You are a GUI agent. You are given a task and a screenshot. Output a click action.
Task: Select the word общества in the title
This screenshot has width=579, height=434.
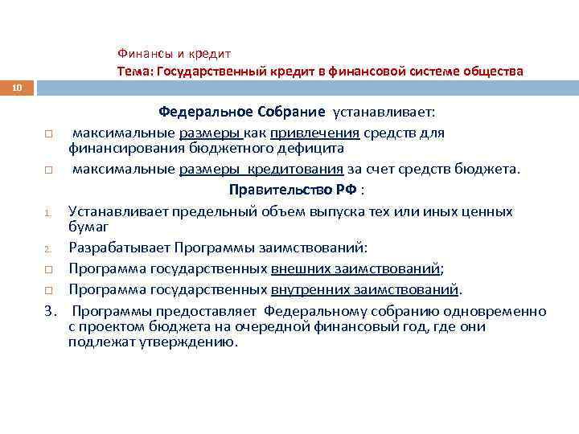(x=492, y=72)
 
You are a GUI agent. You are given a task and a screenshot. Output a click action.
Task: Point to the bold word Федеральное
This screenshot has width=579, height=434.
(x=202, y=113)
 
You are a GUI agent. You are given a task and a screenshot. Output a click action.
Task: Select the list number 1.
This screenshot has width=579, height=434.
(x=47, y=213)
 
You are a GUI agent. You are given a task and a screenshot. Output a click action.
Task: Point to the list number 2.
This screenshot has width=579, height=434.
(x=47, y=248)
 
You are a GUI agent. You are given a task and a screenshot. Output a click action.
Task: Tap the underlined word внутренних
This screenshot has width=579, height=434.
(x=307, y=289)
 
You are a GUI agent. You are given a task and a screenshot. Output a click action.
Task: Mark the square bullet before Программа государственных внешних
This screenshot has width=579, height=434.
(x=48, y=269)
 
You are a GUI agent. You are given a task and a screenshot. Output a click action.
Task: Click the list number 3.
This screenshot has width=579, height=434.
(x=50, y=311)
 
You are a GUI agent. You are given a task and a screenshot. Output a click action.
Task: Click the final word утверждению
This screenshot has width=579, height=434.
(x=196, y=341)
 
